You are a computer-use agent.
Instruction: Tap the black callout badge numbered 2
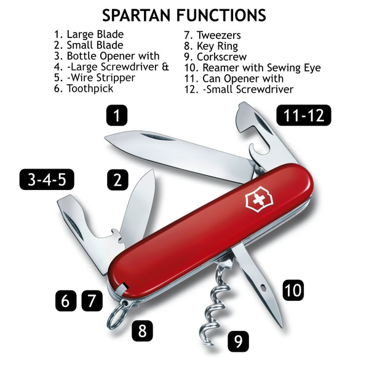pyautogui.click(x=116, y=180)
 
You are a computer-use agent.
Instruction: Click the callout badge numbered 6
pyautogui.click(x=66, y=301)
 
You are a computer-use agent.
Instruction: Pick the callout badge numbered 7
pyautogui.click(x=92, y=301)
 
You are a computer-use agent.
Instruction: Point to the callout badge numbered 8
pyautogui.click(x=141, y=331)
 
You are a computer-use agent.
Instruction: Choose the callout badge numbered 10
pyautogui.click(x=293, y=290)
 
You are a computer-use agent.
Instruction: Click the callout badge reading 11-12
pyautogui.click(x=303, y=115)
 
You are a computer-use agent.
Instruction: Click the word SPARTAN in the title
pyautogui.click(x=137, y=15)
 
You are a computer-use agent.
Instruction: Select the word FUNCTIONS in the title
pyautogui.click(x=220, y=15)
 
